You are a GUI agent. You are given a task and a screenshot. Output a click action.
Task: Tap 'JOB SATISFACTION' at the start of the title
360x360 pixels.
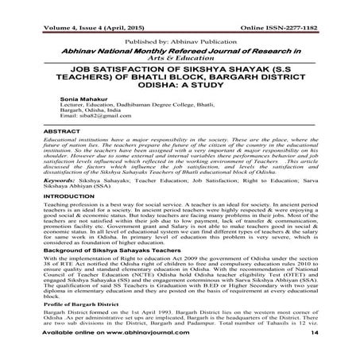click(95, 68)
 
